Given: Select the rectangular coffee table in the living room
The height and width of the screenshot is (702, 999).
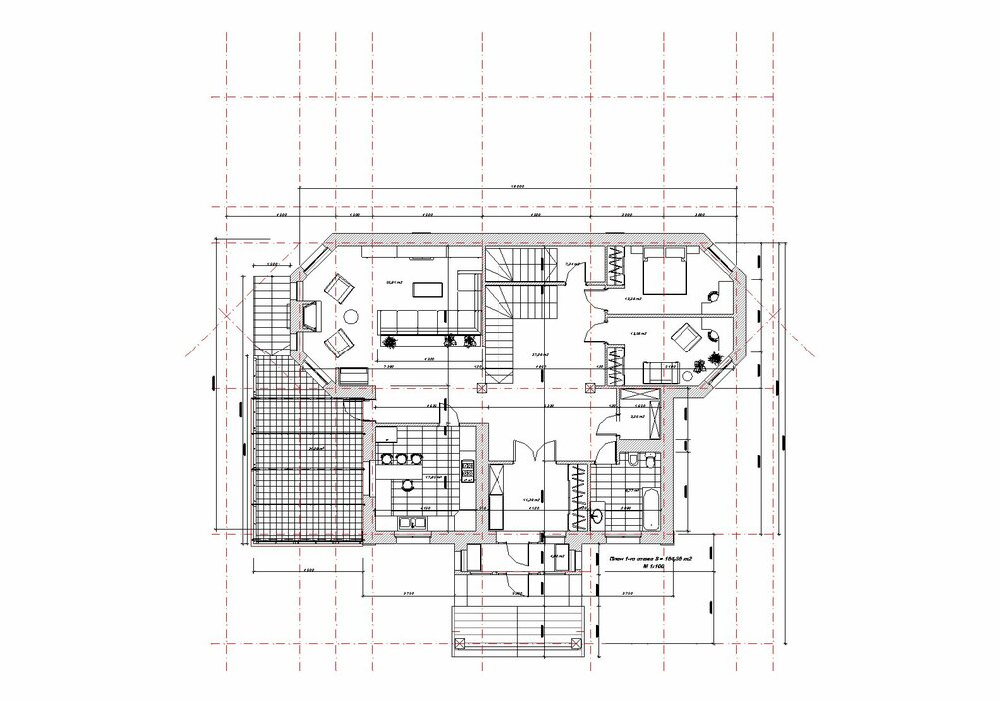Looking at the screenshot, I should (x=427, y=290).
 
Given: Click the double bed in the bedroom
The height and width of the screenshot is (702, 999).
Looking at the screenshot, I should (x=661, y=272).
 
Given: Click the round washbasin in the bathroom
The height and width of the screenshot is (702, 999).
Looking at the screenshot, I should (x=598, y=516).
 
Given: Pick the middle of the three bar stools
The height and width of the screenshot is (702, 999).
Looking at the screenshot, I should (x=399, y=460).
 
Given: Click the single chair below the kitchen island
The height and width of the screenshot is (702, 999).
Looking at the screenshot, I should (x=408, y=486).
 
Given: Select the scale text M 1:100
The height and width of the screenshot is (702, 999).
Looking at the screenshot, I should (x=655, y=566).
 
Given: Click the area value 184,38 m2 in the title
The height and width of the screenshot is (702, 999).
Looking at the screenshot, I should (x=678, y=557).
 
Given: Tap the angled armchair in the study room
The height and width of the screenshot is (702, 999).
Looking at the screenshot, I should (x=686, y=334).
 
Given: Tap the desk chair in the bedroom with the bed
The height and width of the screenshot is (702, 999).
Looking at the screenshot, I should (x=712, y=295).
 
